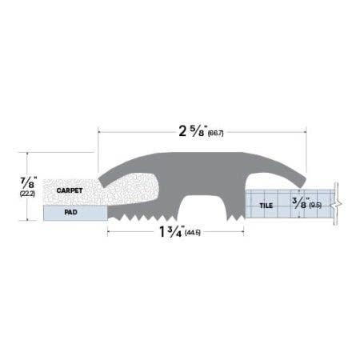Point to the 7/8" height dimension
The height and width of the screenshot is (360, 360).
pyautogui.click(x=28, y=180)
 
